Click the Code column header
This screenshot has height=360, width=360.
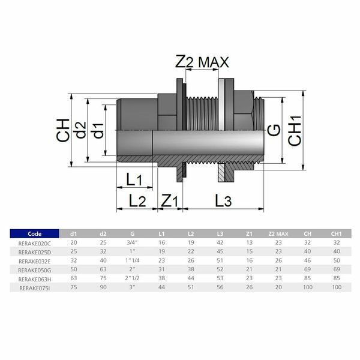[34, 234]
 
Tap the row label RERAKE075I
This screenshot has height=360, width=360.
[34, 288]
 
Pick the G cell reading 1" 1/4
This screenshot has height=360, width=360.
[133, 260]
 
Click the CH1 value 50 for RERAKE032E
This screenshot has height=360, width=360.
[337, 260]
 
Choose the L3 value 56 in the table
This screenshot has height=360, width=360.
[220, 287]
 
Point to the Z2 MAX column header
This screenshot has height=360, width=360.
[278, 234]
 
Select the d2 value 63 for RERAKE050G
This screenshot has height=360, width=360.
[103, 269]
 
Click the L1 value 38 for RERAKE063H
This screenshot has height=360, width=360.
[161, 278]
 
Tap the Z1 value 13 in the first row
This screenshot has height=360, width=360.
[250, 242]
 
